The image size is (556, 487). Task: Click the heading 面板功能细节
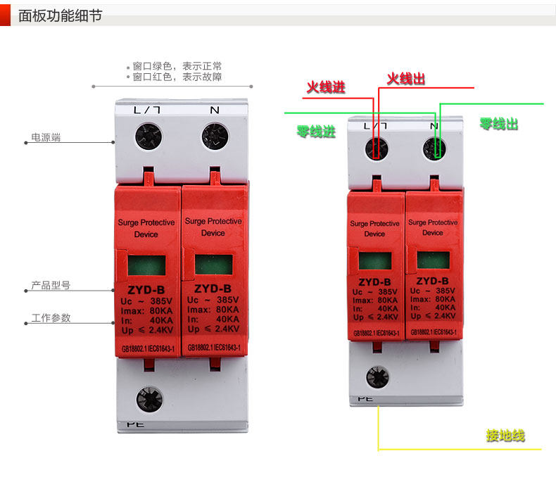60,15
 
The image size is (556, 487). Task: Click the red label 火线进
326,88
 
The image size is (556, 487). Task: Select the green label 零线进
316,131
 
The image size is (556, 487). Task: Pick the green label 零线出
499,124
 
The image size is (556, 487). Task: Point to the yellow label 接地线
505,436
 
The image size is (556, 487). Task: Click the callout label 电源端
46,137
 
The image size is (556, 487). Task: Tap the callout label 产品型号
51,286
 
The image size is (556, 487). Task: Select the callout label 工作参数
51,317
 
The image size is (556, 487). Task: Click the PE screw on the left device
149,398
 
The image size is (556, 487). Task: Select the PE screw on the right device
377,378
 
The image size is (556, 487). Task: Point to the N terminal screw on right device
434,148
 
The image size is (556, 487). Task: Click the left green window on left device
147,265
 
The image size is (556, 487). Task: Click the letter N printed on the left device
214,110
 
